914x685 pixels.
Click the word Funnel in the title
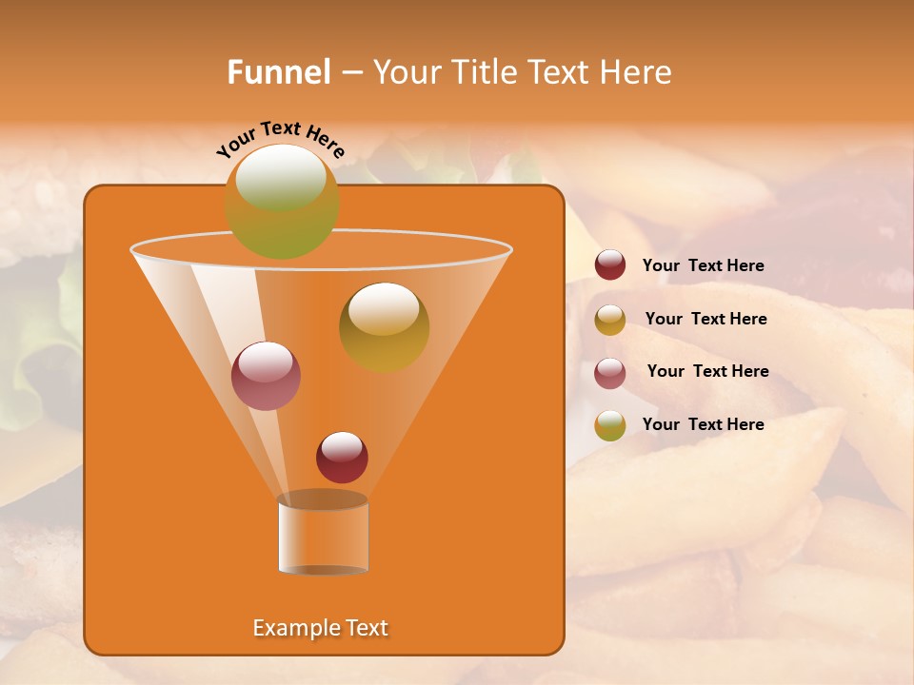click(x=278, y=71)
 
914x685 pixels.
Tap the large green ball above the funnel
click(x=281, y=201)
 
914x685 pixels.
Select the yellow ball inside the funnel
click(x=384, y=326)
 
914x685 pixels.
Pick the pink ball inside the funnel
click(x=266, y=376)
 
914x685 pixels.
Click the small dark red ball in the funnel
click(x=342, y=457)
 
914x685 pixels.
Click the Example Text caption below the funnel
click(x=320, y=628)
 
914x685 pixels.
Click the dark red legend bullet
click(x=610, y=264)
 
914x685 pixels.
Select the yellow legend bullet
click(x=610, y=320)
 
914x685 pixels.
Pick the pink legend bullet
click(x=610, y=373)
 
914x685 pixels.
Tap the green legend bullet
click(x=610, y=425)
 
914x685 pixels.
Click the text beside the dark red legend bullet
click(x=703, y=265)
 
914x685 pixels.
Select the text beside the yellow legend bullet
click(x=705, y=319)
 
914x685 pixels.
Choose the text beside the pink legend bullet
click(x=707, y=371)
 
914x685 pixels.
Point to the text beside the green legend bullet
click(x=703, y=424)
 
